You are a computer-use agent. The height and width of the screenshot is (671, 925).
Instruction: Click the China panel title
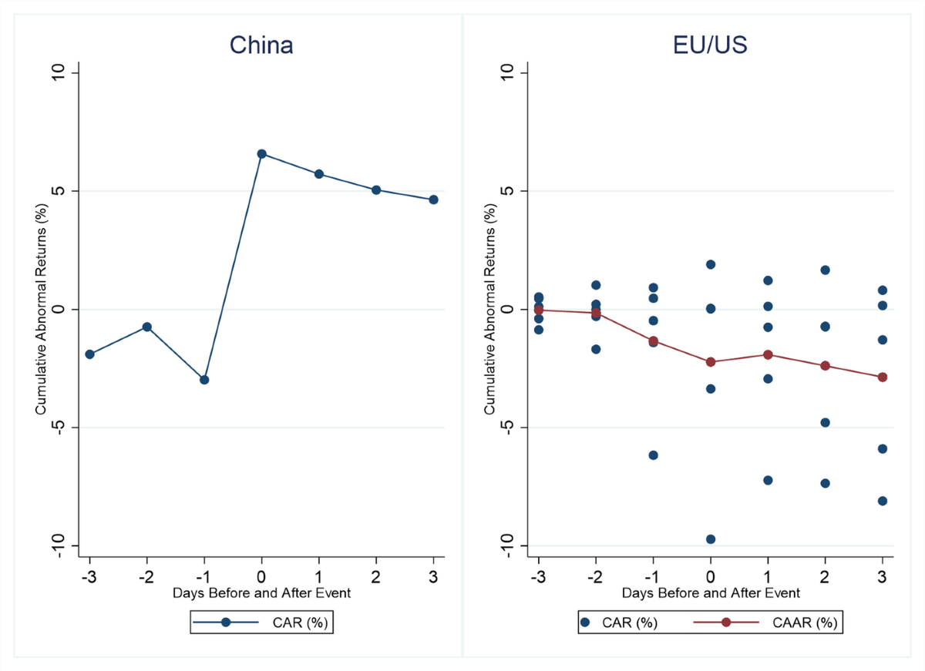click(261, 45)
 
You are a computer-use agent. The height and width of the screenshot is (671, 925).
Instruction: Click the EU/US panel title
click(710, 45)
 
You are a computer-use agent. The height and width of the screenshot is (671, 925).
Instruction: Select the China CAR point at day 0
click(261, 154)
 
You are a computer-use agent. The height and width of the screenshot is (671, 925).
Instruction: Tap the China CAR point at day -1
click(204, 380)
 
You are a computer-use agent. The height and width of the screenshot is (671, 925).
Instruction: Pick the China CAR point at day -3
click(89, 354)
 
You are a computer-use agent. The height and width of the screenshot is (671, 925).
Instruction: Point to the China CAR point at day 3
click(433, 200)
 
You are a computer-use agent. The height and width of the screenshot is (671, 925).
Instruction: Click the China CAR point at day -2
click(146, 327)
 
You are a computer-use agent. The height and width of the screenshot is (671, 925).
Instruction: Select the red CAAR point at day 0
click(711, 362)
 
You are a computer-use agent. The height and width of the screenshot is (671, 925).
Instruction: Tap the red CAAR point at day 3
click(883, 377)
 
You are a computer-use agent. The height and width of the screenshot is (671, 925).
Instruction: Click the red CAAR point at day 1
click(768, 354)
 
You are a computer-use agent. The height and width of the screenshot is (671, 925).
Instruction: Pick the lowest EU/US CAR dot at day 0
click(711, 539)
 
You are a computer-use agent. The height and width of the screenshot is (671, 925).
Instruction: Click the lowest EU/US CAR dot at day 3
click(883, 501)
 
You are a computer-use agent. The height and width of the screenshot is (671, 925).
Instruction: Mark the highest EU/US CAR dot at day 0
click(711, 264)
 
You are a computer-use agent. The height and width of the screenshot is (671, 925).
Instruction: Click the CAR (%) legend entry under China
click(261, 622)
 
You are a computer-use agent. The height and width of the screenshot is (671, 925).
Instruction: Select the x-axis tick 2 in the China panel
click(376, 576)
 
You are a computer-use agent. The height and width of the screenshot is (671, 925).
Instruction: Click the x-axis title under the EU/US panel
click(710, 593)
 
